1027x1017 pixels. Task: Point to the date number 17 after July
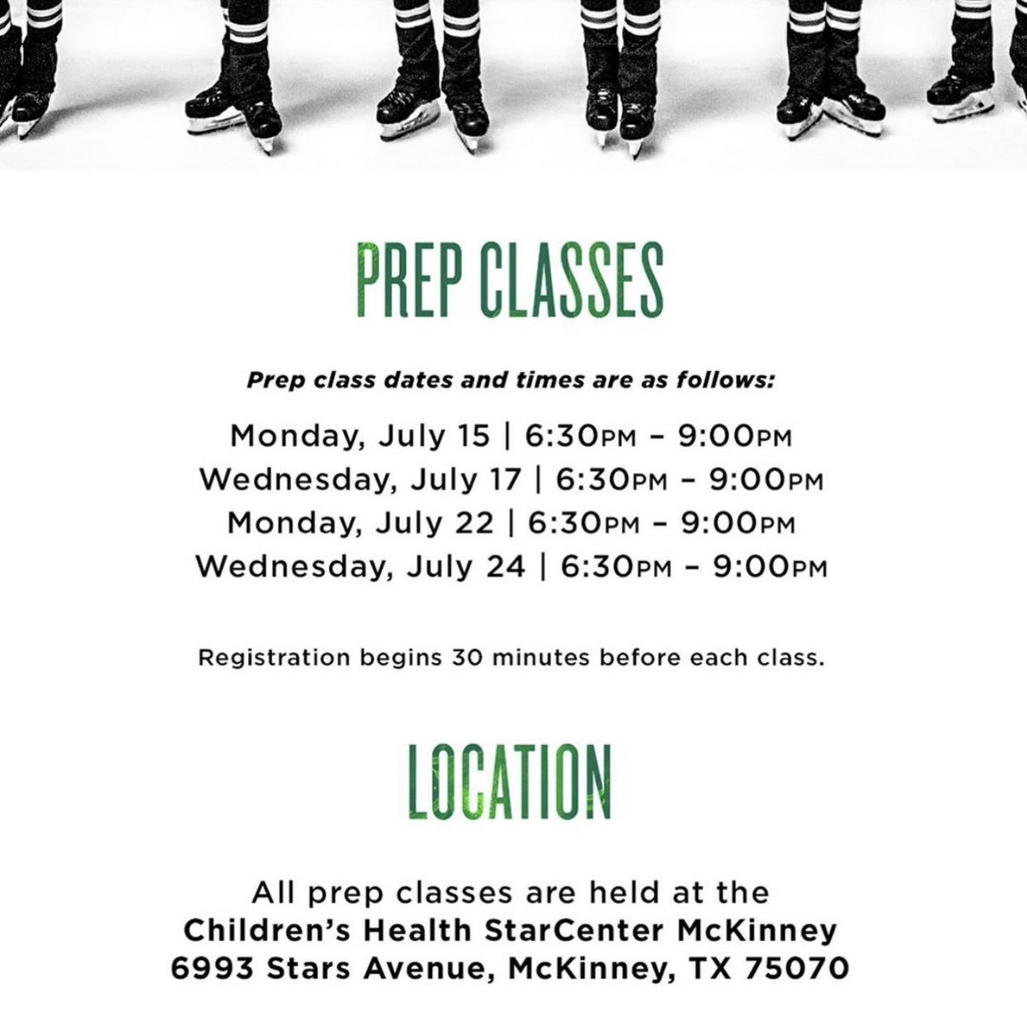pyautogui.click(x=501, y=480)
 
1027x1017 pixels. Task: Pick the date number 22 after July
pyautogui.click(x=472, y=523)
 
